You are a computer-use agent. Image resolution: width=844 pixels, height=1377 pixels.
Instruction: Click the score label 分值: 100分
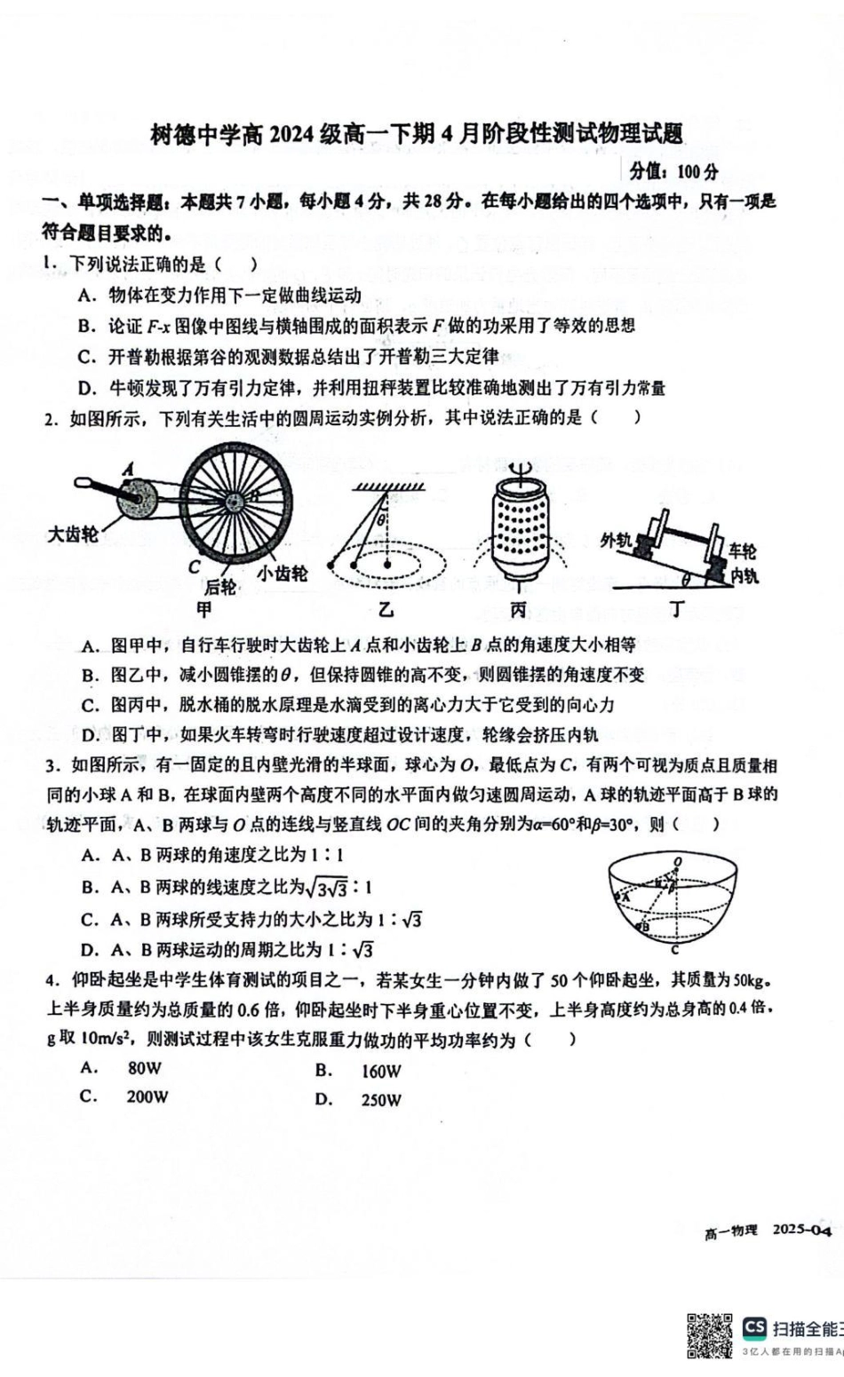coord(673,171)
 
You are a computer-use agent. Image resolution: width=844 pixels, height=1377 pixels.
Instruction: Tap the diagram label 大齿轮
coord(74,534)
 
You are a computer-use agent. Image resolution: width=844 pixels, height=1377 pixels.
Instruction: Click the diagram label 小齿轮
coord(282,573)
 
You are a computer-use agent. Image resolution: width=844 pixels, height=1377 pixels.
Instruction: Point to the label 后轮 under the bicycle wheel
coord(220,587)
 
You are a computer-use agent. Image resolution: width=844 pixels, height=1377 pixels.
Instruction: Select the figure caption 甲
coord(204,610)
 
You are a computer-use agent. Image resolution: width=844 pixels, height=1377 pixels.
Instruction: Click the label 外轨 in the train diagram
coord(616,540)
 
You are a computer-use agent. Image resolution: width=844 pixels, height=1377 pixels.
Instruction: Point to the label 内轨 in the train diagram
coord(744,575)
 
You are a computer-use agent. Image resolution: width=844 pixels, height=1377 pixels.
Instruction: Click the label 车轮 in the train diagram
coord(743,550)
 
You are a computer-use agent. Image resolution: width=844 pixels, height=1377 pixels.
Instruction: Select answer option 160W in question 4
coord(380,1071)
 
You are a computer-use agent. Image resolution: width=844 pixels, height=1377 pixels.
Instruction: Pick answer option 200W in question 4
coord(147,1096)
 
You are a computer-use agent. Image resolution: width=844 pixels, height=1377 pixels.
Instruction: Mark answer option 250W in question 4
coord(380,1100)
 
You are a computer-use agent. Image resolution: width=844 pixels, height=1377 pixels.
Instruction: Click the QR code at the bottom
coord(709,1335)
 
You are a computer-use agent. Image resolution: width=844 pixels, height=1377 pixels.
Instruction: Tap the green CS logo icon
coord(754,1327)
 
